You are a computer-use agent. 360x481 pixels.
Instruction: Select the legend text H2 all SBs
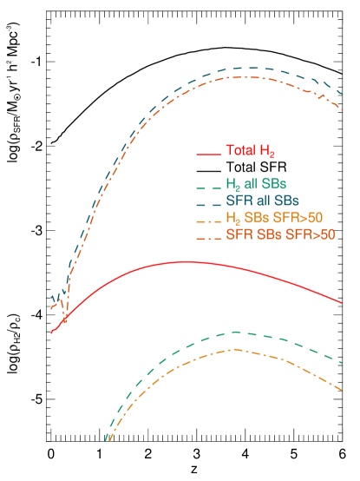click(x=256, y=184)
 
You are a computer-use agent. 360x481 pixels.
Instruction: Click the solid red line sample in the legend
click(x=207, y=154)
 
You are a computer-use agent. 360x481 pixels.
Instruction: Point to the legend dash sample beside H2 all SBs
click(x=207, y=188)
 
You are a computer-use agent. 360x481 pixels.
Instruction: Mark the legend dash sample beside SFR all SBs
click(x=207, y=204)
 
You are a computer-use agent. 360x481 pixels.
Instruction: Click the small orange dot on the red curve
click(x=64, y=320)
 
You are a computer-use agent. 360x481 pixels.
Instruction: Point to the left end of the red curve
click(x=52, y=333)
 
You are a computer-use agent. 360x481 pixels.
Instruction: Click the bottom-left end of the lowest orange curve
click(x=108, y=440)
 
